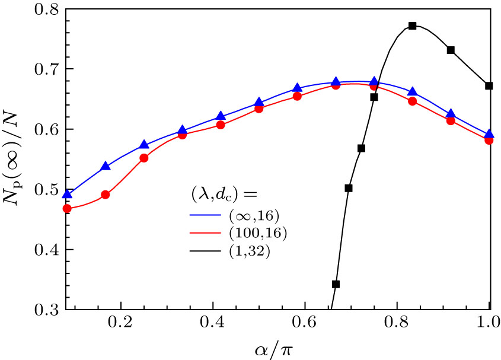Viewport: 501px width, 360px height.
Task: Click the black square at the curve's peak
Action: pyautogui.click(x=413, y=26)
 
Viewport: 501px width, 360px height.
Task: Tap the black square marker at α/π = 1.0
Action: pyautogui.click(x=489, y=86)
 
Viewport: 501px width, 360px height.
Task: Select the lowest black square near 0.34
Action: pyautogui.click(x=336, y=284)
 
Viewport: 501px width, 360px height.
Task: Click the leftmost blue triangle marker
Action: pyautogui.click(x=67, y=194)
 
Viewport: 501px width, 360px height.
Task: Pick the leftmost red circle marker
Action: pyautogui.click(x=67, y=208)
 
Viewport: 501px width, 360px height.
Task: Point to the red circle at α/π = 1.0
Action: pyautogui.click(x=489, y=140)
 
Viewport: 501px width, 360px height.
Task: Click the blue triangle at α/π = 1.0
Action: pyautogui.click(x=489, y=134)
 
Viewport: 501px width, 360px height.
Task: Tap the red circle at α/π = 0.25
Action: pyautogui.click(x=143, y=158)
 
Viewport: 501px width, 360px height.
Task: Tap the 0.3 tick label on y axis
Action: pyautogui.click(x=45, y=310)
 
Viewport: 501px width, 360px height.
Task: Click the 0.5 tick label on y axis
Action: pyautogui.click(x=45, y=190)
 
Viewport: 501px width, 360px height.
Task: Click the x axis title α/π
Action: pyautogui.click(x=276, y=347)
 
